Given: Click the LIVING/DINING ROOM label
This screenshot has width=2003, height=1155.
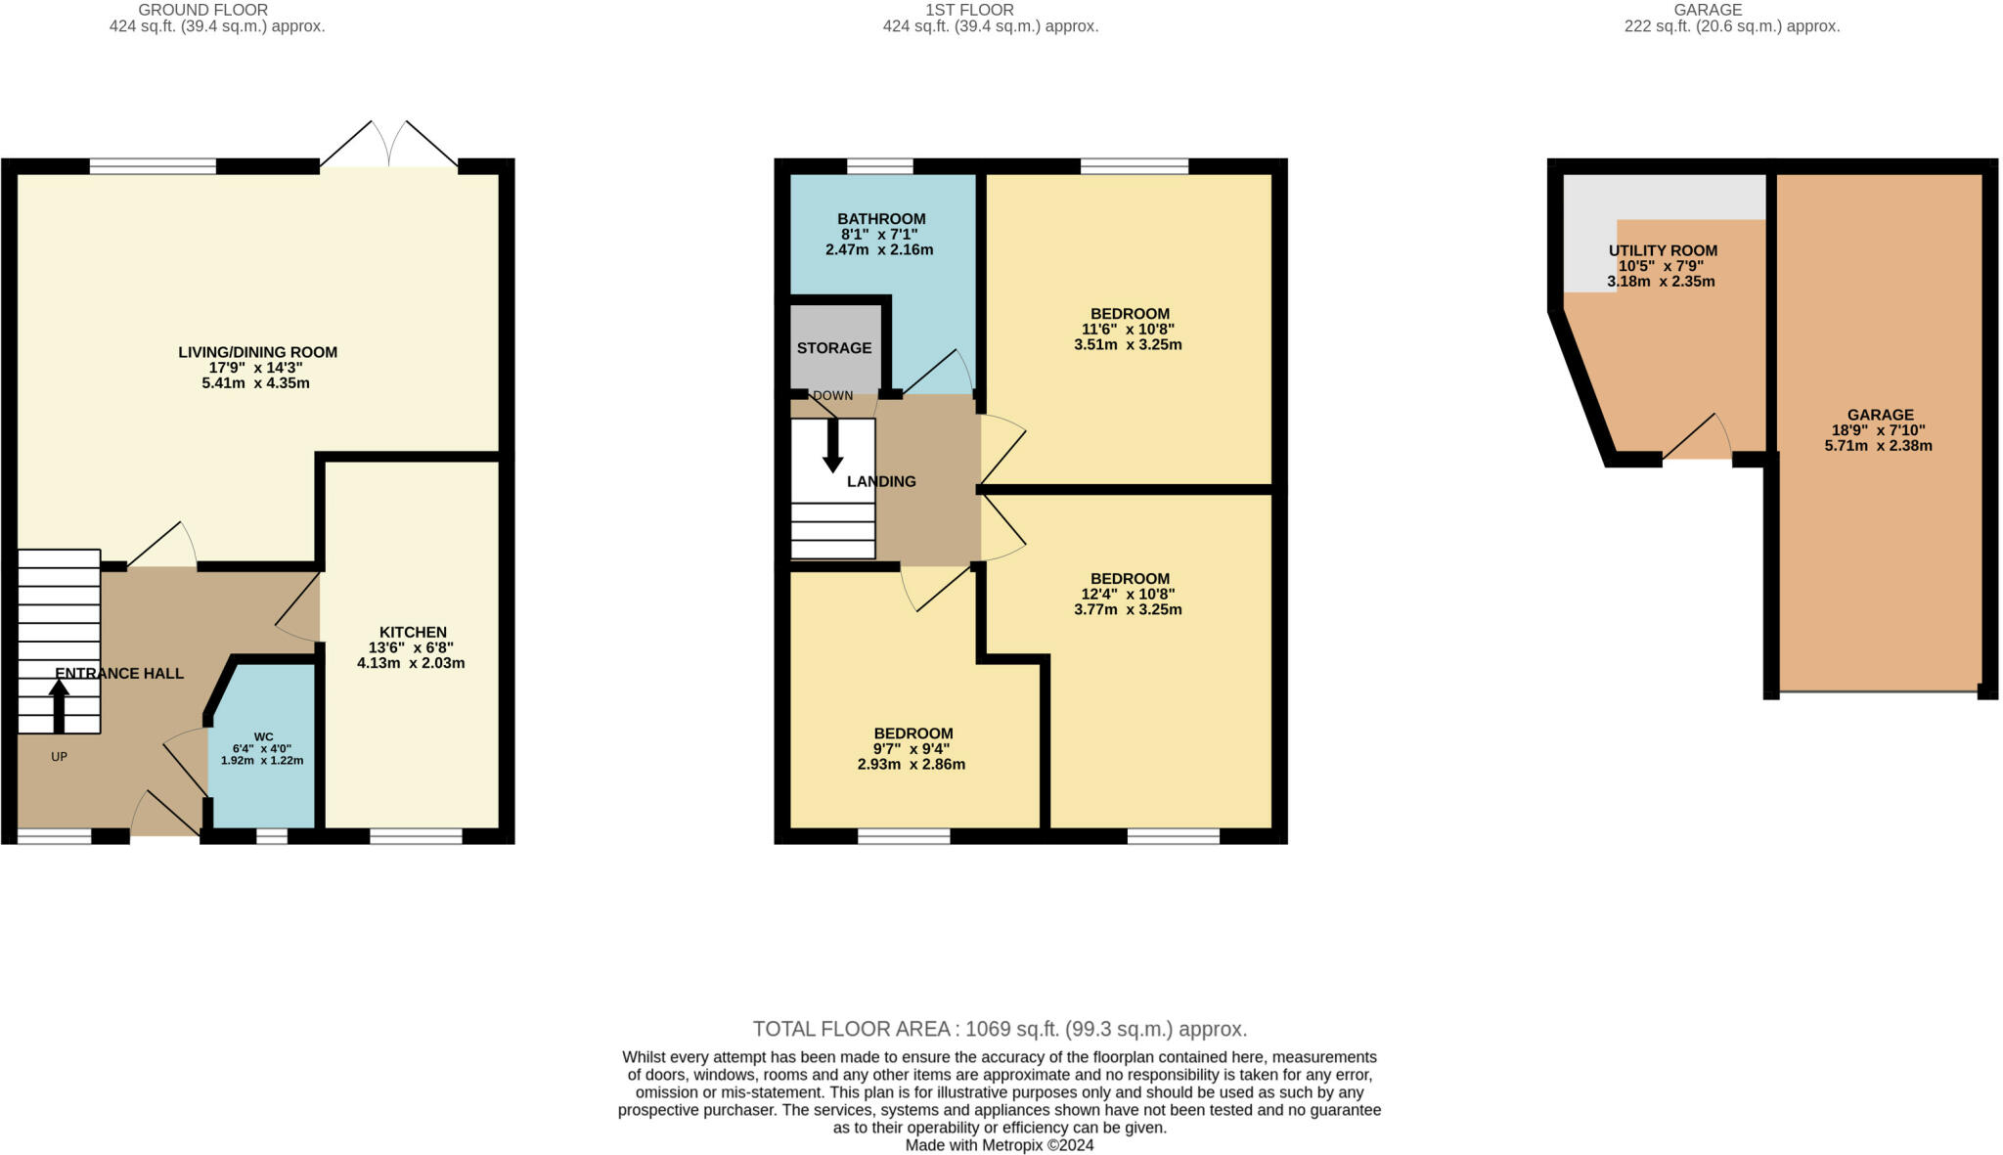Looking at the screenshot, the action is click(257, 352).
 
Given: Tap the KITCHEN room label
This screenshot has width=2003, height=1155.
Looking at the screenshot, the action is click(413, 633).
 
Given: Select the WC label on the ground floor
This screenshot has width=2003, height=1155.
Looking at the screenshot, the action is click(263, 736).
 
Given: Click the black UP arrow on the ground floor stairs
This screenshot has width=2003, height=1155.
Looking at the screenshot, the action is click(59, 706).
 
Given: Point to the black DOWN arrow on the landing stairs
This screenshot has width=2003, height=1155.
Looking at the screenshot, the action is click(832, 446).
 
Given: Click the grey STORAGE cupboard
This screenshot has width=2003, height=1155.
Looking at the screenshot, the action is click(834, 348).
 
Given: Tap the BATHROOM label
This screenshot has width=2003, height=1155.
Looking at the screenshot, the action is click(881, 219).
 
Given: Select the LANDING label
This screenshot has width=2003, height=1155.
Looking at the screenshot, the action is click(881, 481).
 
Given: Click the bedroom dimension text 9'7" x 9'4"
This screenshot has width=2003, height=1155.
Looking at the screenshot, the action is click(912, 749).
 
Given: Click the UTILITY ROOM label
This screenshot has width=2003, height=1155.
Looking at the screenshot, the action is click(1663, 250).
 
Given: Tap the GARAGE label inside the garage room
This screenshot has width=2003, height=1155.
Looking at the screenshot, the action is click(1880, 415).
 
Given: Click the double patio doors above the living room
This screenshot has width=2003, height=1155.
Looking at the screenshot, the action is click(389, 144).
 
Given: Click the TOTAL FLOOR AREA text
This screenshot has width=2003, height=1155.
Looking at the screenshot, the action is click(1000, 1029).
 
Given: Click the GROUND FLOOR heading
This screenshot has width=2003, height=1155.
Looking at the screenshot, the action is click(203, 10).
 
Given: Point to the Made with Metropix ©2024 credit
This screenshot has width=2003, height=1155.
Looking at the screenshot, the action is click(1000, 1145).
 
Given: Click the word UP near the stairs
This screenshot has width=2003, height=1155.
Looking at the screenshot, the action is click(59, 757).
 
